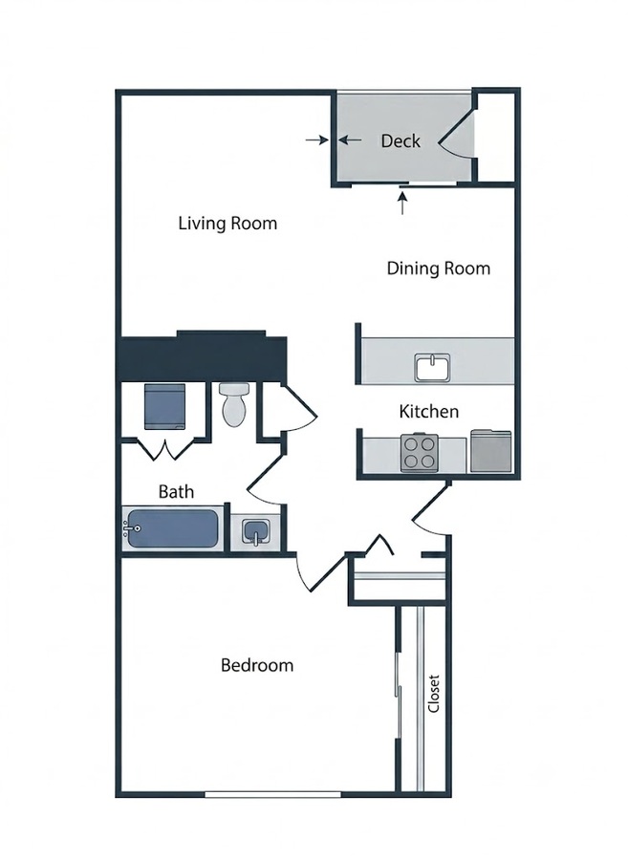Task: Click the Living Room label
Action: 227,224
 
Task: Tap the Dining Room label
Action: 438,269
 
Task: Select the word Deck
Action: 401,141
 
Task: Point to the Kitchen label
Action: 428,411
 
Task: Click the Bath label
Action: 176,491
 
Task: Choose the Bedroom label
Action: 257,665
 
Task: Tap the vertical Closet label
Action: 433,694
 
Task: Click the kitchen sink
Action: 432,368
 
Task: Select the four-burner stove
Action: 420,453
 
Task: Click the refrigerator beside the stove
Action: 491,451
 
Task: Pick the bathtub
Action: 173,528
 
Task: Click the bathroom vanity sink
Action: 255,532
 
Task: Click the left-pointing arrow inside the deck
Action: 350,140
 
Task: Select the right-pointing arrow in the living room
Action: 317,140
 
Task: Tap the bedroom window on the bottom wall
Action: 272,794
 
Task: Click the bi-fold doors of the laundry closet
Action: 164,449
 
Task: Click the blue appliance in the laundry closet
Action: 164,406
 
